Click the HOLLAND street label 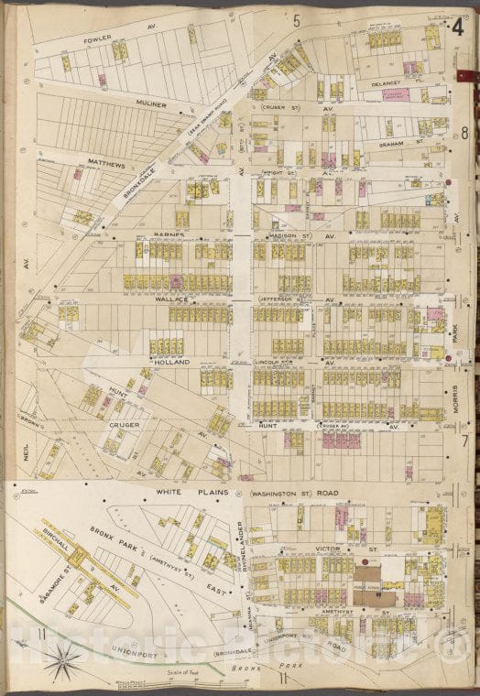169,362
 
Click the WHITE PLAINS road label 188,493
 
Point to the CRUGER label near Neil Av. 123,425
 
